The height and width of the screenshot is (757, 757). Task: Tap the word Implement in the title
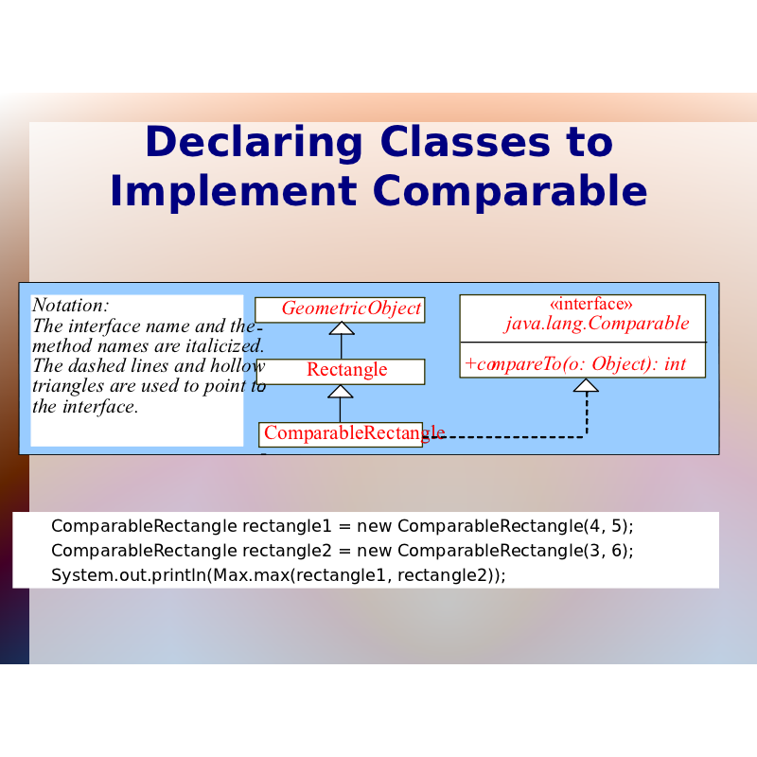tap(233, 192)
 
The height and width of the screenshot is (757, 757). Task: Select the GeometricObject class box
tap(340, 309)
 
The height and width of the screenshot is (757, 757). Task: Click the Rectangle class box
tap(341, 371)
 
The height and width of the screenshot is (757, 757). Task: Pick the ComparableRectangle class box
tap(341, 434)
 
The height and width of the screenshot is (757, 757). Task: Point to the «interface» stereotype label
tap(590, 304)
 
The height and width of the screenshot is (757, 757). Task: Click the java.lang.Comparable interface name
tap(597, 324)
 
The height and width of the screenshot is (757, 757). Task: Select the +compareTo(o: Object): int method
tap(575, 364)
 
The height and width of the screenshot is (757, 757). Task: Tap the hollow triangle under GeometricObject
tap(342, 328)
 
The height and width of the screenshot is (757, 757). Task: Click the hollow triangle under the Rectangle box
tap(341, 392)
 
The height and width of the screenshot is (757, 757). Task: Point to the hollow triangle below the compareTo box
tap(586, 385)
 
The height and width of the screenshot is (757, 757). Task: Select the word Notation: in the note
tap(71, 305)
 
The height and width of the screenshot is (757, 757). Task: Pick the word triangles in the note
tap(68, 387)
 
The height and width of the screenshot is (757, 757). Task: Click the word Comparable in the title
tap(510, 192)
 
